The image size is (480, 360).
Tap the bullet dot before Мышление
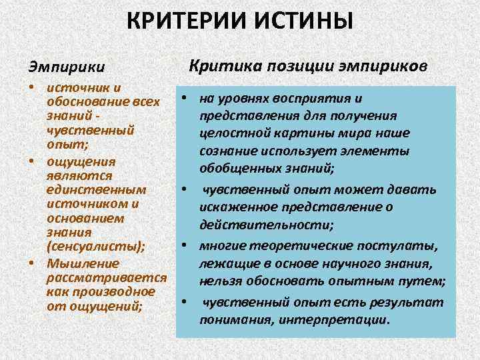coord(32,262)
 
